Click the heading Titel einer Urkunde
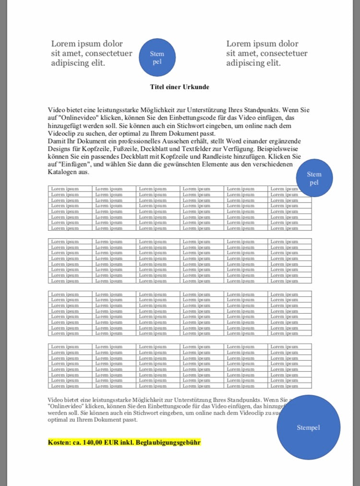(x=180, y=87)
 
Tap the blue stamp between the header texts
(x=157, y=58)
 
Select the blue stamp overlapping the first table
(x=314, y=178)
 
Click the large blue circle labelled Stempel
(x=309, y=427)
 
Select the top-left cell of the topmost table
(x=70, y=189)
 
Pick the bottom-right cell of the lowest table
(x=289, y=386)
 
